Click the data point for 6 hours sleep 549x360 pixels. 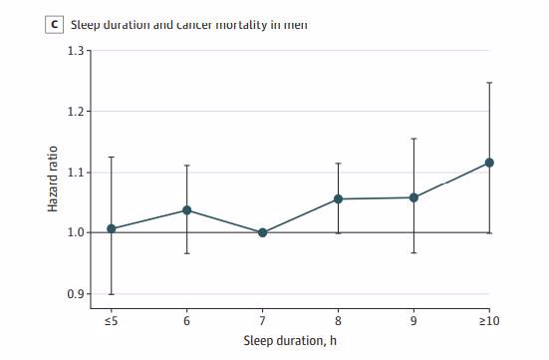186,210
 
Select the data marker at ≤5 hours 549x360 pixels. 111,228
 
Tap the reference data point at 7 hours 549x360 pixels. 262,232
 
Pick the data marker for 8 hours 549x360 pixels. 338,199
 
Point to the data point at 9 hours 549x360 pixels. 413,197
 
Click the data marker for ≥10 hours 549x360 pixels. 489,163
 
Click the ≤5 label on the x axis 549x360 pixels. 111,321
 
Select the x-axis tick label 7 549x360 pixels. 262,321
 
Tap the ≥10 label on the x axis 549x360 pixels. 489,321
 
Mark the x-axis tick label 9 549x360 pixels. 413,321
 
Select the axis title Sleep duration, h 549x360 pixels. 300,342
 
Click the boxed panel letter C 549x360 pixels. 54,23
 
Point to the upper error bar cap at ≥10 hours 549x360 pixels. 489,82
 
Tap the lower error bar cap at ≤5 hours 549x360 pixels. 111,294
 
